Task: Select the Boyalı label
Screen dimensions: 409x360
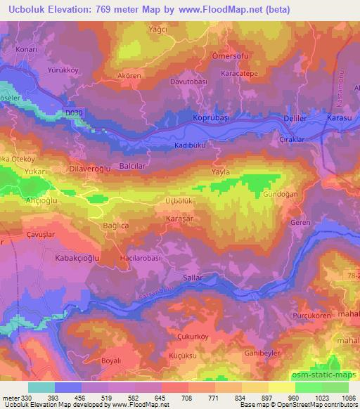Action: click(x=92, y=361)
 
